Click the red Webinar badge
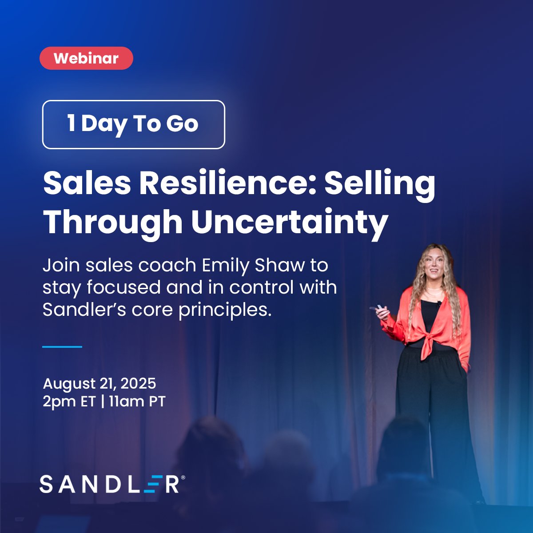click(86, 58)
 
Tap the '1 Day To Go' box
click(133, 124)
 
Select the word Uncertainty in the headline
click(290, 222)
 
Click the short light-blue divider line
click(62, 346)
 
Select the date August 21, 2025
click(99, 383)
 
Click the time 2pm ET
click(69, 402)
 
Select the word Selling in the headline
click(380, 183)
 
